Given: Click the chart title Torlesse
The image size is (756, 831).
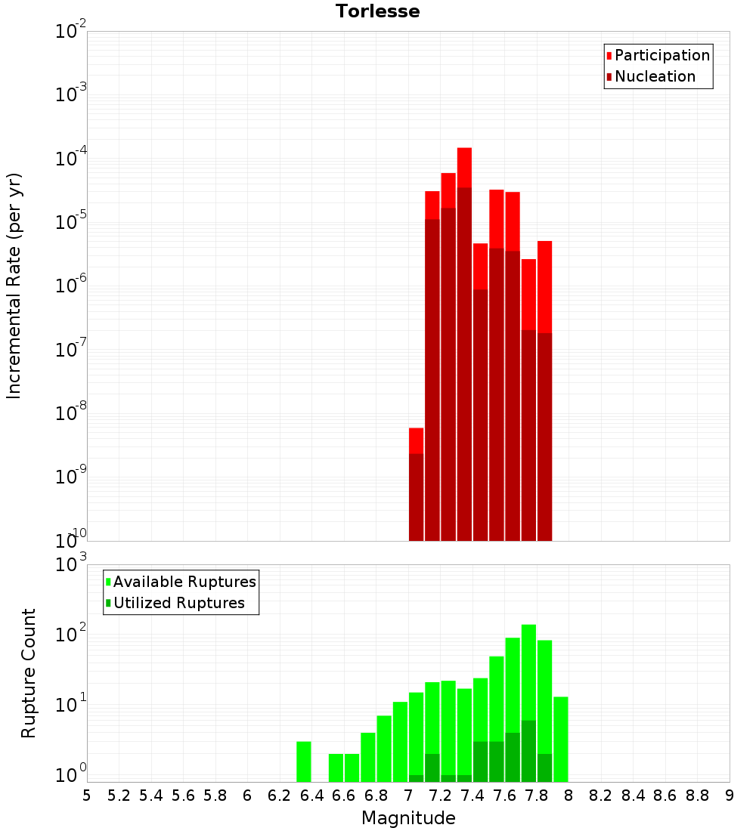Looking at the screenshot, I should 377,11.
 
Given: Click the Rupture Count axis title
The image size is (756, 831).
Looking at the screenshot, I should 29,672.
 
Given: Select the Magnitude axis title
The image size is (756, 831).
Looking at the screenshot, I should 408,818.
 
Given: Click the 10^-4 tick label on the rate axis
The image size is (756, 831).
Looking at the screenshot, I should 72,159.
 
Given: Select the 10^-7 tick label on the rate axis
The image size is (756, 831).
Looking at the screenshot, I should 72,351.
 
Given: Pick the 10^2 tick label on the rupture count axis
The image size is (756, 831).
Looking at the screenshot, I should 72,635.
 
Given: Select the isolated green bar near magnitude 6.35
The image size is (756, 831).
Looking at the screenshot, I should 303,761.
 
